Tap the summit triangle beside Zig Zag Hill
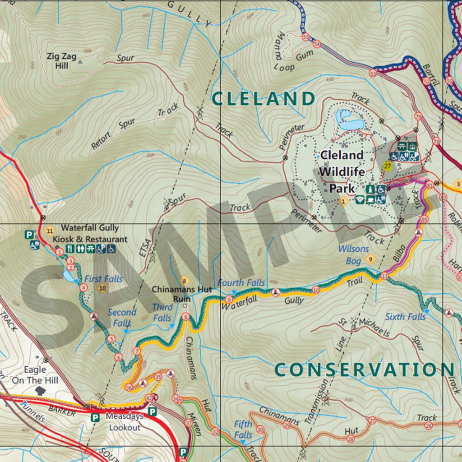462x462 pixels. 81,60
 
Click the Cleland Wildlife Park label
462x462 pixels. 342,171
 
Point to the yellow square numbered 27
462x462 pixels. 387,166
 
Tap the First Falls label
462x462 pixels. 103,279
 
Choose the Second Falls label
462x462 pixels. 122,317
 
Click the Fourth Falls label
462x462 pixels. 241,283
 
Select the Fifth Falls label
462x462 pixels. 243,430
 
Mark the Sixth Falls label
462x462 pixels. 405,317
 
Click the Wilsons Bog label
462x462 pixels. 353,254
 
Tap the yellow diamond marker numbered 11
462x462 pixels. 50,232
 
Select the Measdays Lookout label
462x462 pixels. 125,421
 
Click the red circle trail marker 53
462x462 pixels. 373,73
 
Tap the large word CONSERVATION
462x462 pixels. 364,370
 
